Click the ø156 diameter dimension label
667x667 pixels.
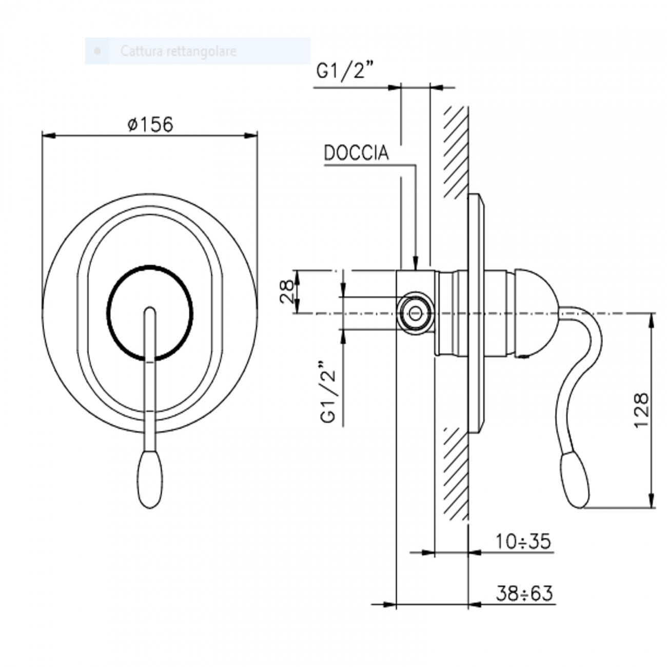(x=150, y=124)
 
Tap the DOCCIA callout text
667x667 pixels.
(x=356, y=153)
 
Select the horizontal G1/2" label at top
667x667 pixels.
(x=343, y=71)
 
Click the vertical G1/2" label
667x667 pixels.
(x=328, y=393)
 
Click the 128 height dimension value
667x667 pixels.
(x=641, y=410)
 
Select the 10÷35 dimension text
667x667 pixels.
(x=523, y=541)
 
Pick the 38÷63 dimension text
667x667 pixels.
(x=524, y=593)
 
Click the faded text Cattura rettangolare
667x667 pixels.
(x=178, y=51)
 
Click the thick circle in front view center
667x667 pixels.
(x=150, y=313)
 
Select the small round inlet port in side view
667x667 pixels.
(x=416, y=312)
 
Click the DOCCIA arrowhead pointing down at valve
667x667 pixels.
(x=416, y=264)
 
